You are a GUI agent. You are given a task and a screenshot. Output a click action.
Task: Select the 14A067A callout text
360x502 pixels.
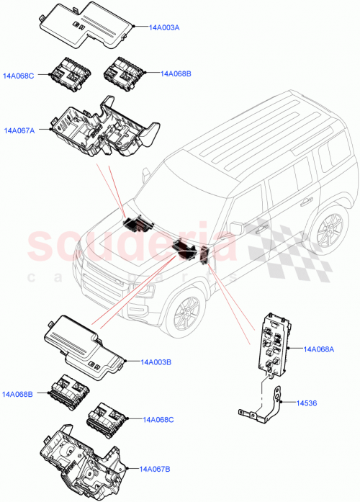20,130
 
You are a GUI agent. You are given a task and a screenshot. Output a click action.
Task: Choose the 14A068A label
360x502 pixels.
319,349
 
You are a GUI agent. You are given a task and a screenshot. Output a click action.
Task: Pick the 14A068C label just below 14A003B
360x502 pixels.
159,419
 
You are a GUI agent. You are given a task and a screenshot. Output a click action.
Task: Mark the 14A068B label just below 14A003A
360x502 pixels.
176,73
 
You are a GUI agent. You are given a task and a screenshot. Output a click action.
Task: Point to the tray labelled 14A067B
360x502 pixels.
84,461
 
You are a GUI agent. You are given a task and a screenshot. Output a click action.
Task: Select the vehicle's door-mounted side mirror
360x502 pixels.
236,229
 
